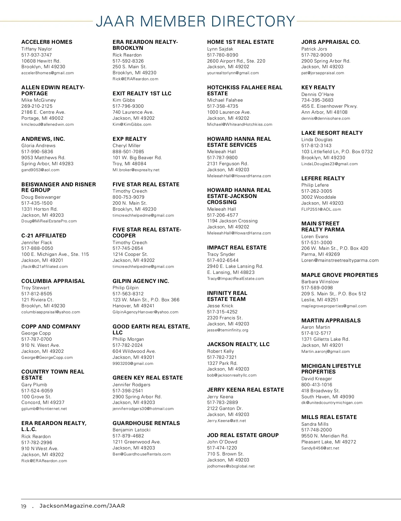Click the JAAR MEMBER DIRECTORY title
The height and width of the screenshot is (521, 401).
click(195, 21)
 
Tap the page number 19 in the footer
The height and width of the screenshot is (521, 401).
click(24, 506)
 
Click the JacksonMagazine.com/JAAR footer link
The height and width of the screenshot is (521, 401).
click(82, 506)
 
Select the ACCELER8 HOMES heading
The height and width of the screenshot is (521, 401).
click(47, 42)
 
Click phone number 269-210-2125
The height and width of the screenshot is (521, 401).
click(37, 106)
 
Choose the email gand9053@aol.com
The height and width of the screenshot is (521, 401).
click(40, 170)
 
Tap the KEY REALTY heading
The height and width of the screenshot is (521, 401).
click(318, 88)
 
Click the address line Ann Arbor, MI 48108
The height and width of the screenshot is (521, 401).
click(324, 112)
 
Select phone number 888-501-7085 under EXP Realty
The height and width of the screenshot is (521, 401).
click(128, 151)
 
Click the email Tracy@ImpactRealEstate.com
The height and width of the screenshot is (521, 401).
click(236, 279)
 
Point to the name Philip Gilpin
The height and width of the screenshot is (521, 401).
click(126, 288)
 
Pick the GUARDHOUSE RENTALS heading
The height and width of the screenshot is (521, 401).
click(146, 423)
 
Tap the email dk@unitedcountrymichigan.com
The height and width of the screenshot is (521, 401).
click(332, 403)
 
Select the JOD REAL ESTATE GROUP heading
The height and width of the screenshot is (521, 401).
click(243, 435)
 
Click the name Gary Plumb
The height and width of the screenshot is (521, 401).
click(34, 385)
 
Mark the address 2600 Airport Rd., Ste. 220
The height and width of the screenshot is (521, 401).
click(236, 61)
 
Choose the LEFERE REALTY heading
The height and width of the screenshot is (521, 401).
click(323, 179)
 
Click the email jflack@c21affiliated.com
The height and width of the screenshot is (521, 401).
click(44, 267)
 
